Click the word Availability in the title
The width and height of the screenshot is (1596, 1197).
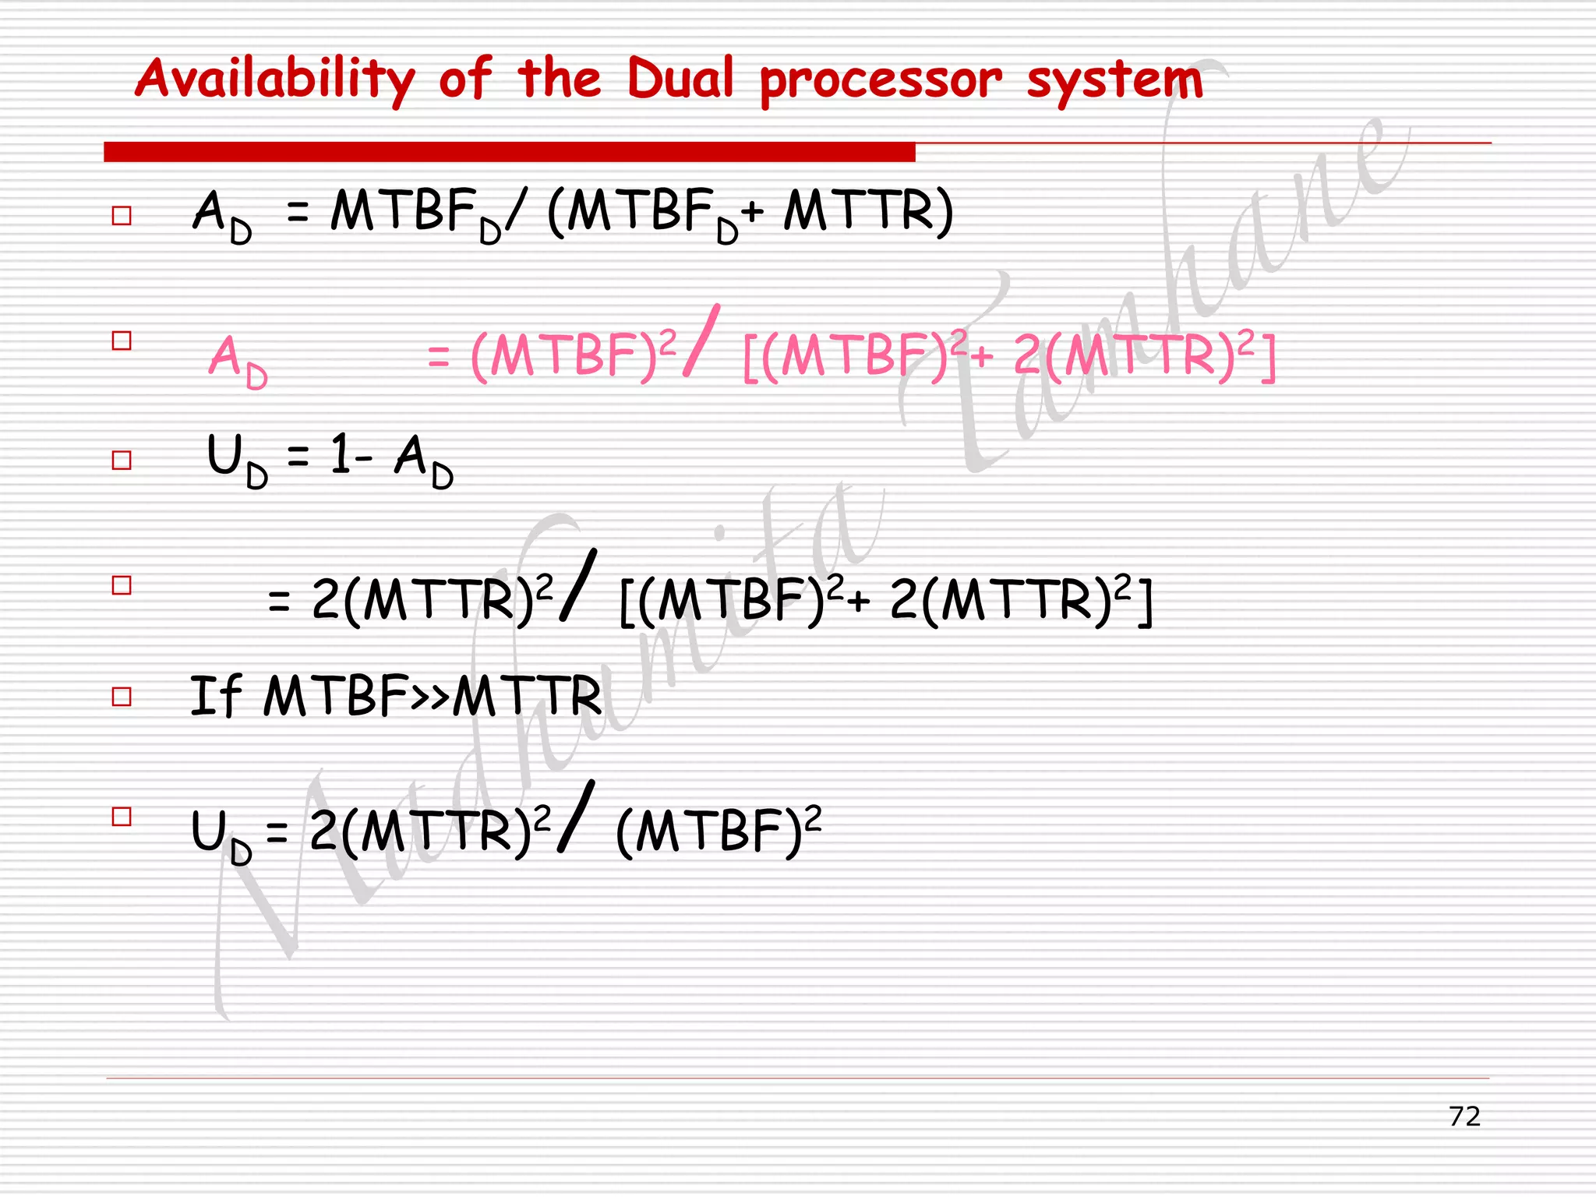[x=275, y=79]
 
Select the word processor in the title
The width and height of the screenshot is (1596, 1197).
[x=881, y=81]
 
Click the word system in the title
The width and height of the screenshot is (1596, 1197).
[x=1114, y=81]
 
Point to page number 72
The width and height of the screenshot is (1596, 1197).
[x=1464, y=1116]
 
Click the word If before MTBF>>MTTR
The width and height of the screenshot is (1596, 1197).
[x=216, y=695]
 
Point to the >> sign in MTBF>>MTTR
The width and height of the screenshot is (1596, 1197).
[x=431, y=695]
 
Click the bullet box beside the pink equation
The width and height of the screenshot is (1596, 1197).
[x=122, y=341]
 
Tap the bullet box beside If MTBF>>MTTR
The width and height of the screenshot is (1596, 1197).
[x=122, y=696]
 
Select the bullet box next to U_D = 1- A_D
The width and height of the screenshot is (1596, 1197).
[x=122, y=460]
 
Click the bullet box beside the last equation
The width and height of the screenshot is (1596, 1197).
[x=122, y=816]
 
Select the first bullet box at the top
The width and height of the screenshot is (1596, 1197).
[x=122, y=215]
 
